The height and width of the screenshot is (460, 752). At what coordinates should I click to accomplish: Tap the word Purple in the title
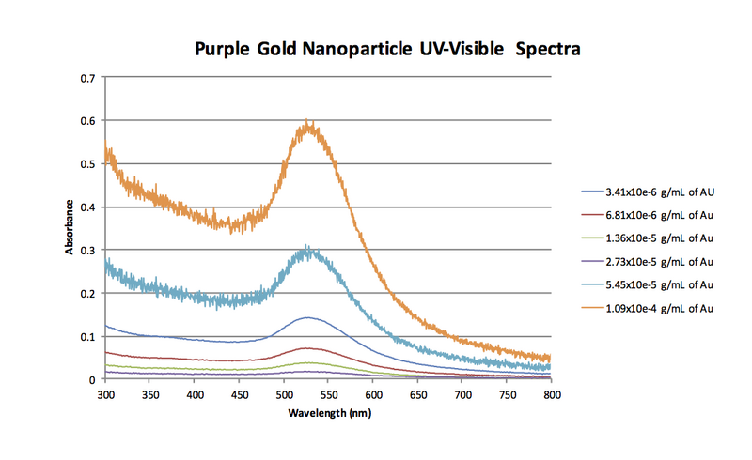pos(224,48)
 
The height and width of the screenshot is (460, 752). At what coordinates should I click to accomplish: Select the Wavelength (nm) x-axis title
pos(329,411)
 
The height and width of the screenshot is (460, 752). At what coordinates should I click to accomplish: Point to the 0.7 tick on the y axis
pos(90,78)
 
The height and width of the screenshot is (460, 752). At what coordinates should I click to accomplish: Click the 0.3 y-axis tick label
pos(90,251)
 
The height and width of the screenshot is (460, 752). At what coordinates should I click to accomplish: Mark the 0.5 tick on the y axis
pos(90,164)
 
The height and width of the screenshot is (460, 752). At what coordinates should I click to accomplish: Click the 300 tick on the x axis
pos(106,395)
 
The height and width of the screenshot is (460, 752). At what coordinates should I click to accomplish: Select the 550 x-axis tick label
pos(329,395)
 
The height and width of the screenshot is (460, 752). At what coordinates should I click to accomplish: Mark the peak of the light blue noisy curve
pos(306,248)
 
